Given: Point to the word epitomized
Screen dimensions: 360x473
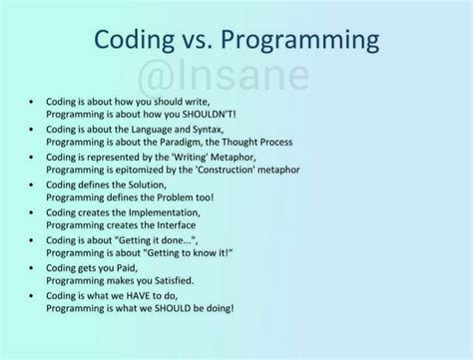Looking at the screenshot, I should coord(138,171).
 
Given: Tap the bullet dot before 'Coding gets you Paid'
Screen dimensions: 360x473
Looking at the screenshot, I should coord(33,267).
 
